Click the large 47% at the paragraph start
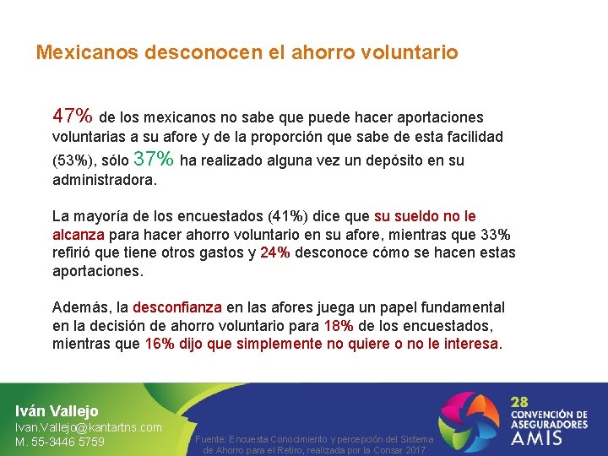[73, 115]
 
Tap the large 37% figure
[155, 159]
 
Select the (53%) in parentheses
[72, 160]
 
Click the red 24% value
[275, 252]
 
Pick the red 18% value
[339, 325]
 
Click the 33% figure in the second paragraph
[494, 234]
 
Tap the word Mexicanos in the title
[86, 52]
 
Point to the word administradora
[103, 180]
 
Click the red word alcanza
[79, 234]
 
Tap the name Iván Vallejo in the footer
[57, 410]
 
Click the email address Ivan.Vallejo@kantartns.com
[89, 427]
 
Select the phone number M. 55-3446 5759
[60, 442]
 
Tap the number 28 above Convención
[522, 401]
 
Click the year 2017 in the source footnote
[413, 451]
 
